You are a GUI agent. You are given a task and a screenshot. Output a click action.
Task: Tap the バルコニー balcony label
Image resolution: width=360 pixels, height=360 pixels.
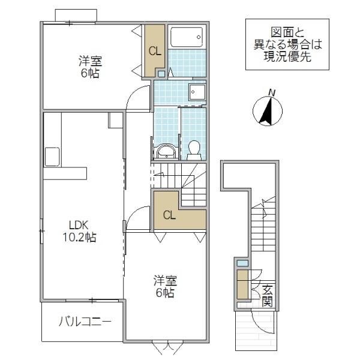click(85, 322)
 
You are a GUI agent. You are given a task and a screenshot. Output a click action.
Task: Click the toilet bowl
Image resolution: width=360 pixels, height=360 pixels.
click(194, 149)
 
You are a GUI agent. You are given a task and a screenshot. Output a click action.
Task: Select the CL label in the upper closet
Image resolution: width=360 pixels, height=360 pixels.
click(155, 52)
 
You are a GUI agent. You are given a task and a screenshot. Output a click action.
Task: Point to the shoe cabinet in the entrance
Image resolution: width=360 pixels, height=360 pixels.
click(242, 286)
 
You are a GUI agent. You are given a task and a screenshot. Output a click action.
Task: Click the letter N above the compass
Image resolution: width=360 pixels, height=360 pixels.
click(272, 92)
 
